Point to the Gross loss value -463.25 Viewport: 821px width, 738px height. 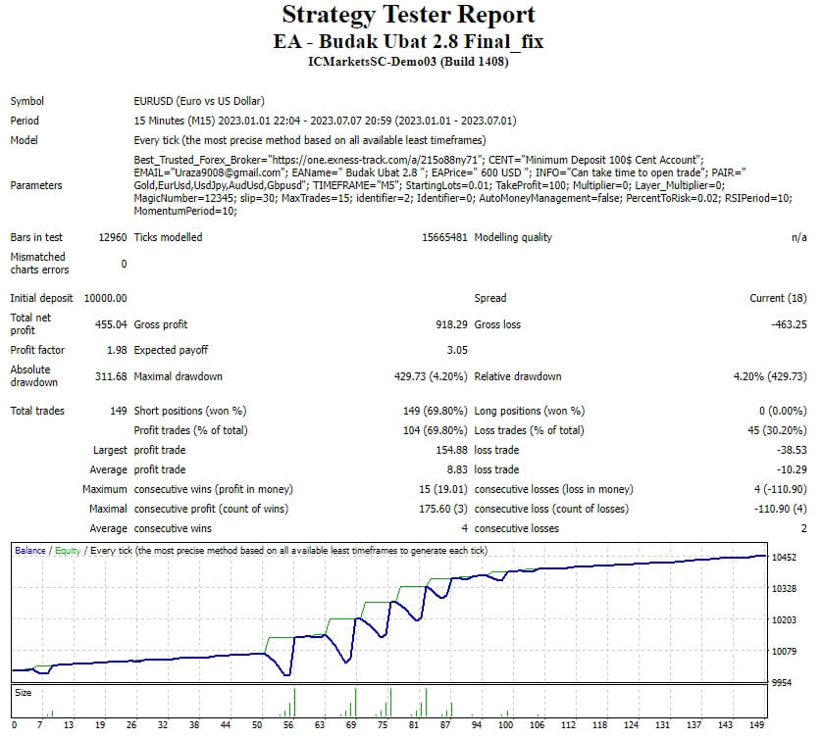pyautogui.click(x=787, y=324)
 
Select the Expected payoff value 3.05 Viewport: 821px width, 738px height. pyautogui.click(x=456, y=350)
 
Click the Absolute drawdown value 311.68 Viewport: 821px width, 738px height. pyautogui.click(x=110, y=376)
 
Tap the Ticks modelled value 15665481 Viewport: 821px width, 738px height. pyautogui.click(x=440, y=237)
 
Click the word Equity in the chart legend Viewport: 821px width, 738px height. pyautogui.click(x=68, y=551)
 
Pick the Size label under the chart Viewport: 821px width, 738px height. pyautogui.click(x=23, y=692)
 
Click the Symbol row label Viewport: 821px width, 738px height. pyautogui.click(x=27, y=101)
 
